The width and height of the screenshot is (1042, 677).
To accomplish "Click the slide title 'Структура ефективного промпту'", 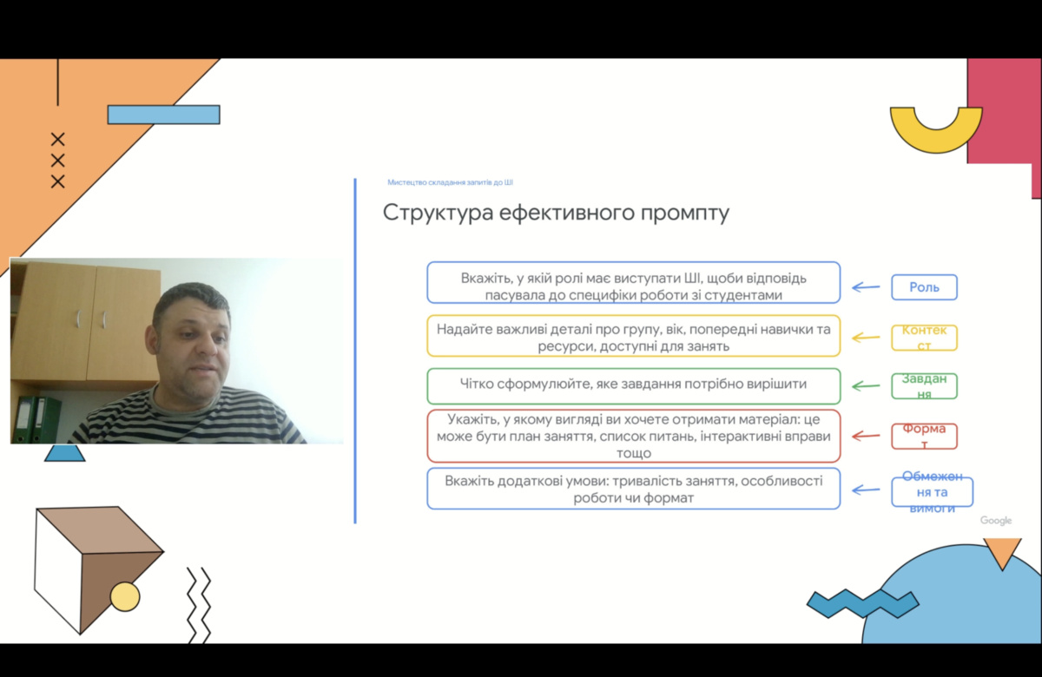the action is pyautogui.click(x=556, y=213).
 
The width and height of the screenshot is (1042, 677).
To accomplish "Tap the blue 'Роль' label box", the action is pyautogui.click(x=924, y=287).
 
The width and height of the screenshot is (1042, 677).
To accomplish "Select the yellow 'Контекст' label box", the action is pyautogui.click(x=924, y=338).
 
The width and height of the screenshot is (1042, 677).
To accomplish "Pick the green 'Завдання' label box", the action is pyautogui.click(x=924, y=386).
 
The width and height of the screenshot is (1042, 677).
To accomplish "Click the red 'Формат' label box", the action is pyautogui.click(x=924, y=436).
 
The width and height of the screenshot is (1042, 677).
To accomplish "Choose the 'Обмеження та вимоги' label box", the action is pyautogui.click(x=933, y=492).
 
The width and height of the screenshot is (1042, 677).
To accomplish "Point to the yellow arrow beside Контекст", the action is pyautogui.click(x=866, y=338).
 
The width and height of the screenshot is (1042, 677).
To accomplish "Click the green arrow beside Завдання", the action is pyautogui.click(x=866, y=386).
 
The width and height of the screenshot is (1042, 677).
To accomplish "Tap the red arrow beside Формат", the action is pyautogui.click(x=866, y=436).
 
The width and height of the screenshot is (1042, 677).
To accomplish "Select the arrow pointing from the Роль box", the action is pyautogui.click(x=866, y=287).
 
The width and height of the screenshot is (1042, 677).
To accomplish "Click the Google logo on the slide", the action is pyautogui.click(x=996, y=521).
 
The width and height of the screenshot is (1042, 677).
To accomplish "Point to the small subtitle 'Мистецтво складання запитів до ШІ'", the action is pyautogui.click(x=451, y=182).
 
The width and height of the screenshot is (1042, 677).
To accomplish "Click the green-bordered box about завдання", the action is pyautogui.click(x=634, y=386).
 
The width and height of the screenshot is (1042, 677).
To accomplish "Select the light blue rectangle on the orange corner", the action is pyautogui.click(x=164, y=115).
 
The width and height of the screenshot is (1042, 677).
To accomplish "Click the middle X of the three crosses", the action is pyautogui.click(x=57, y=161).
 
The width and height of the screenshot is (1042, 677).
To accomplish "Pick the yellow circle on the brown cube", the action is pyautogui.click(x=125, y=596).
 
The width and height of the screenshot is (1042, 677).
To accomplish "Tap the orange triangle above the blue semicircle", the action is pyautogui.click(x=1002, y=552).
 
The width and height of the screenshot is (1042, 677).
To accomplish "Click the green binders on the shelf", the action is pyautogui.click(x=36, y=419).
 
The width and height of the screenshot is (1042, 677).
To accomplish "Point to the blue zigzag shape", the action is pyautogui.click(x=863, y=604).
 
